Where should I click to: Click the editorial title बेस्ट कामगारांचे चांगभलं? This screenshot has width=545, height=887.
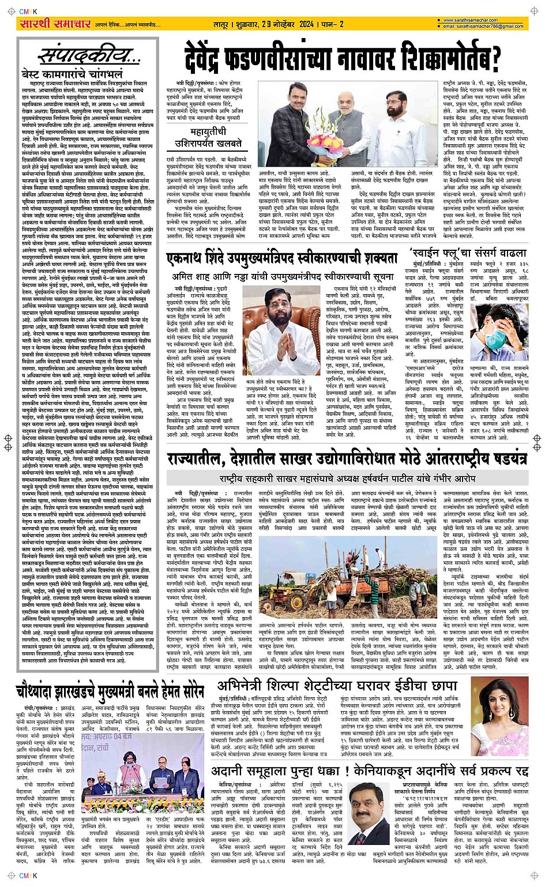tap(72, 74)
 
